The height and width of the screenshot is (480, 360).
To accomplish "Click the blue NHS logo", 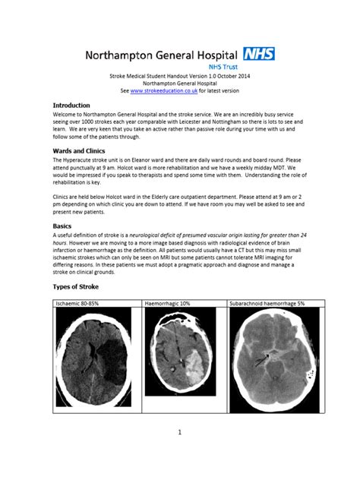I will point(259,54).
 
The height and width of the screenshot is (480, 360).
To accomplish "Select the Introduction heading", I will point(71,105).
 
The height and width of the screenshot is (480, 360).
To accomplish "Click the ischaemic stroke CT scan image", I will point(96,358).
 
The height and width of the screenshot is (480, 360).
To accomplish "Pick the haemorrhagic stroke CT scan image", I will point(184,358).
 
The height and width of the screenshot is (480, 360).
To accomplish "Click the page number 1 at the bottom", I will point(180,433).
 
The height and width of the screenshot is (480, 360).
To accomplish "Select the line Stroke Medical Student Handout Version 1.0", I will point(179,77).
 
